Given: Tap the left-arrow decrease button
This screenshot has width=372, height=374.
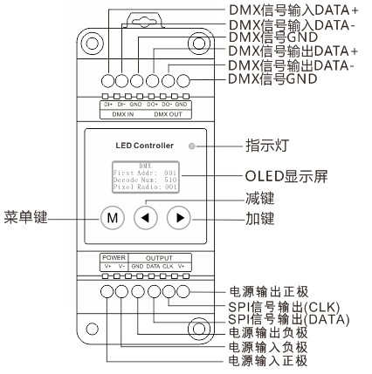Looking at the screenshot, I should point(147,216).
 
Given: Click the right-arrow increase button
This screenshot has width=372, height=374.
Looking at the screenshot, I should point(177,216).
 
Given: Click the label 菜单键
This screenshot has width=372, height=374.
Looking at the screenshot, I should point(24,215).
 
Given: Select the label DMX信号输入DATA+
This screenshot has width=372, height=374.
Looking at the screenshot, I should point(286,10).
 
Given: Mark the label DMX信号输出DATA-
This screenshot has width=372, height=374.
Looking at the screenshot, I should point(286,66).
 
